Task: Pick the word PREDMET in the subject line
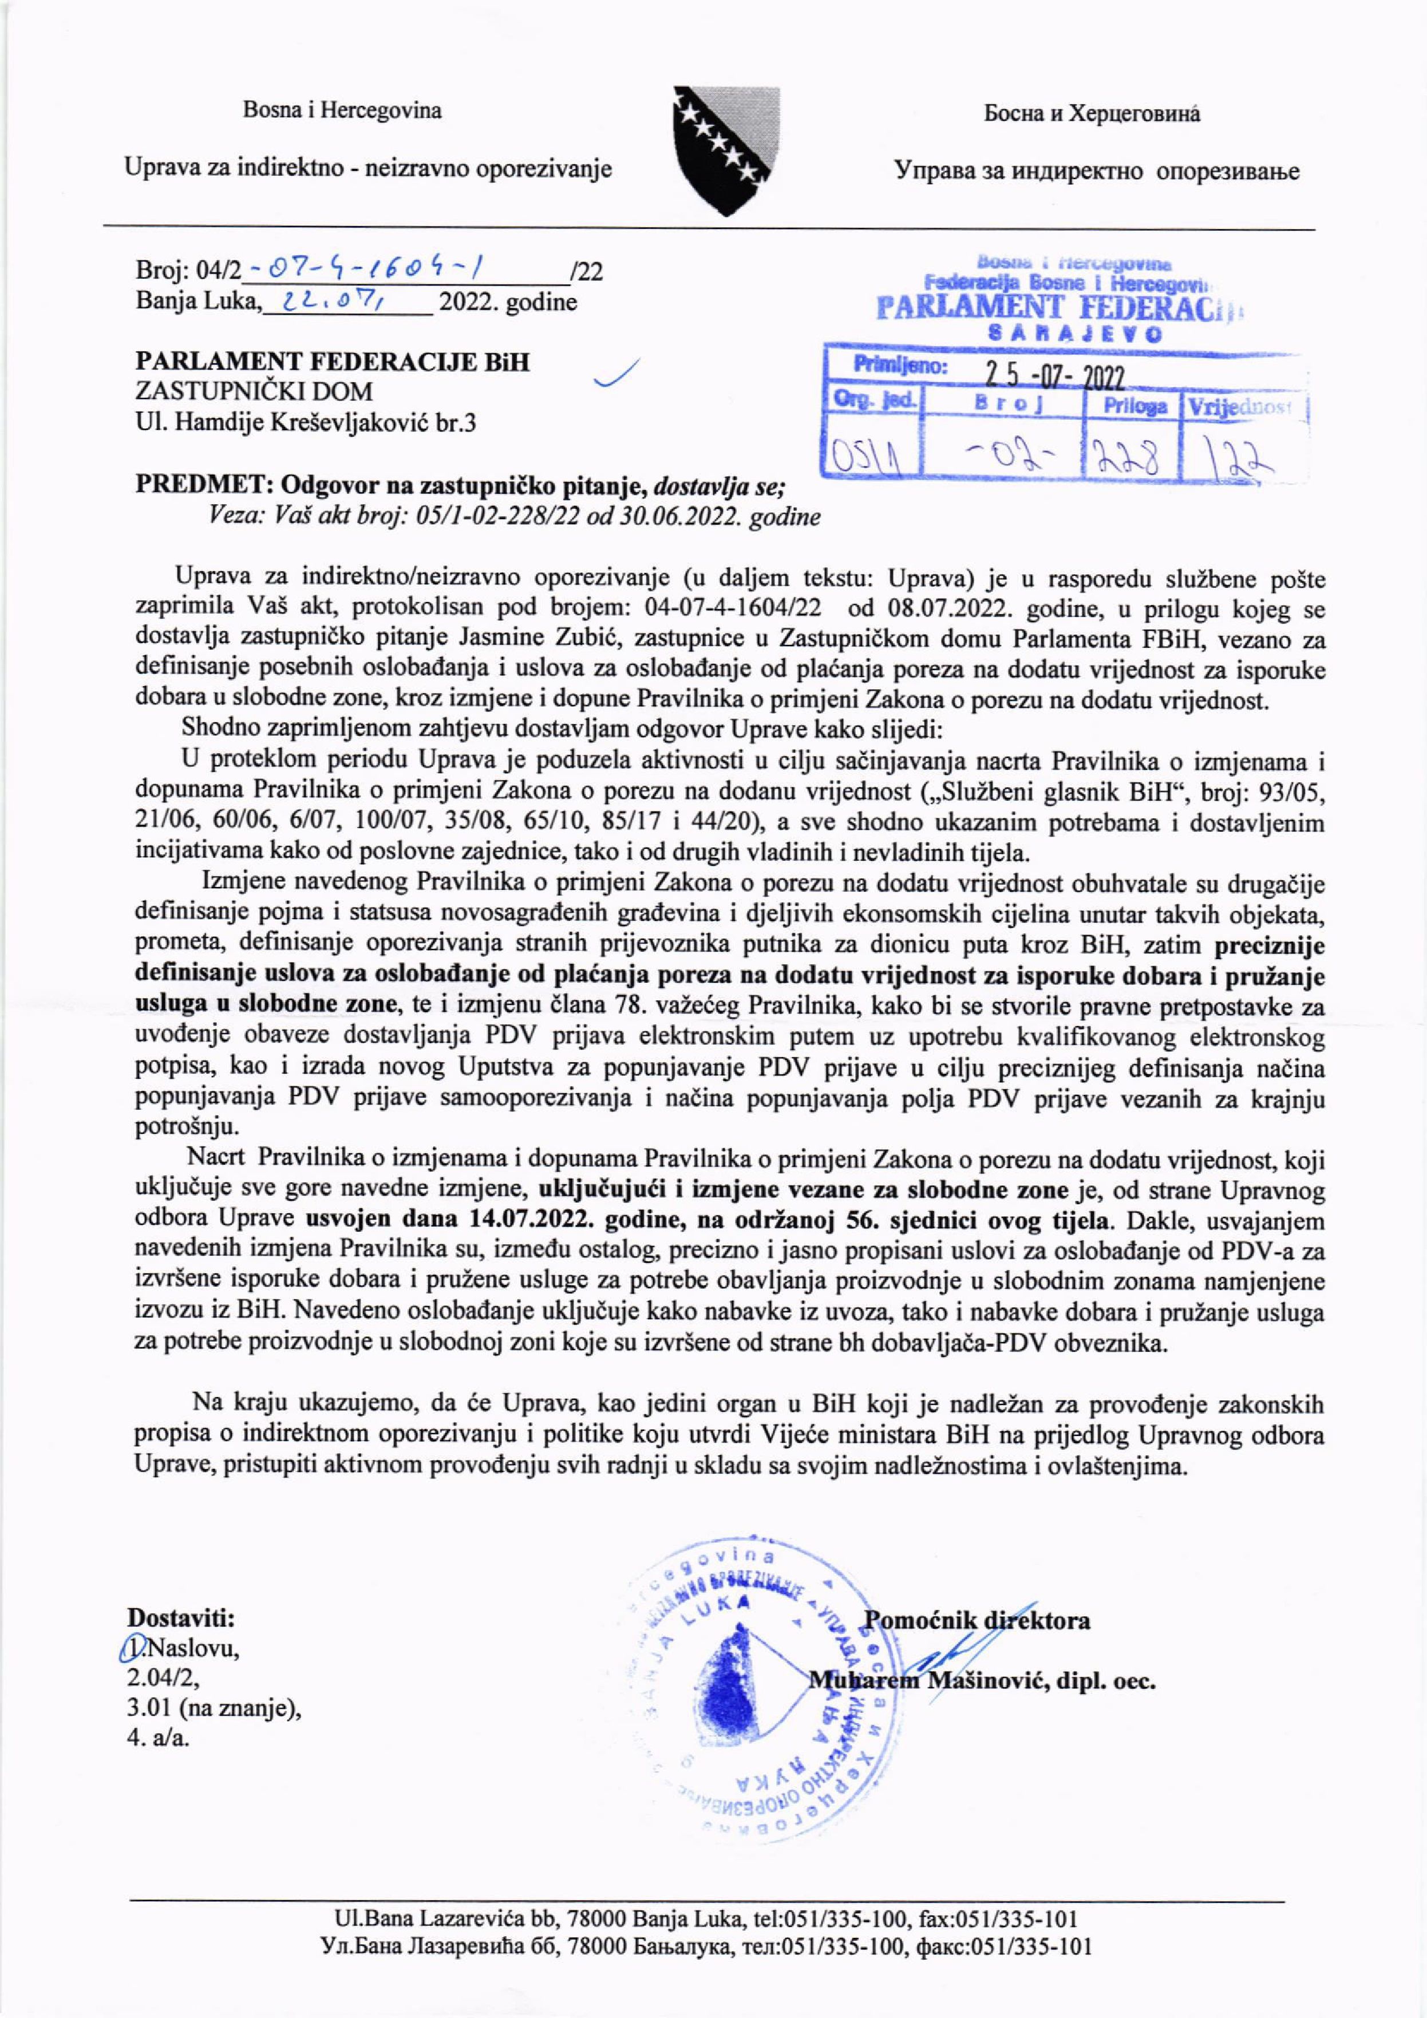[189, 486]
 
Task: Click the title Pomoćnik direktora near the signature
[978, 1619]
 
